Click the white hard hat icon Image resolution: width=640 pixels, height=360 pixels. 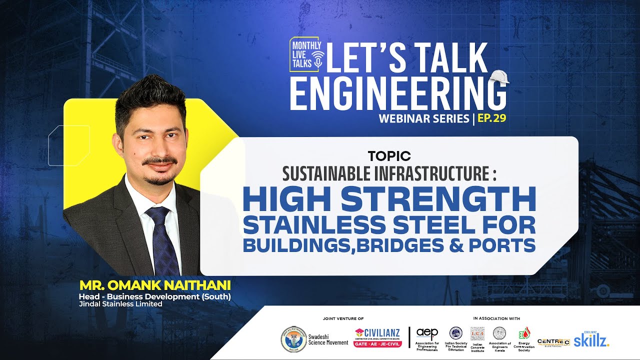point(499,76)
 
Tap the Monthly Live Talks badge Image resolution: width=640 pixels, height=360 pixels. point(306,53)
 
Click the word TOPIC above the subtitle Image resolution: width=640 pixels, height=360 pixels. point(389,156)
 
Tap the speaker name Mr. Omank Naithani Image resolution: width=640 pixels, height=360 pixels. point(155,285)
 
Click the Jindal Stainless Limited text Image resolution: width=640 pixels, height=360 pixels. point(120,303)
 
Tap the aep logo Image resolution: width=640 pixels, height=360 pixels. point(427,333)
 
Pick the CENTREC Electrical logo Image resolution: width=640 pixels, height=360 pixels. point(553,342)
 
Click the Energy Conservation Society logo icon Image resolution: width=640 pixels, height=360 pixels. point(523,333)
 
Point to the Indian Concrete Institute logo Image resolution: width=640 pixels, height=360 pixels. point(477,333)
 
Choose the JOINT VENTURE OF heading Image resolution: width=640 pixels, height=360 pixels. point(343,318)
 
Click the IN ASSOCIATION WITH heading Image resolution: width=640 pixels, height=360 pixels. point(496,318)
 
